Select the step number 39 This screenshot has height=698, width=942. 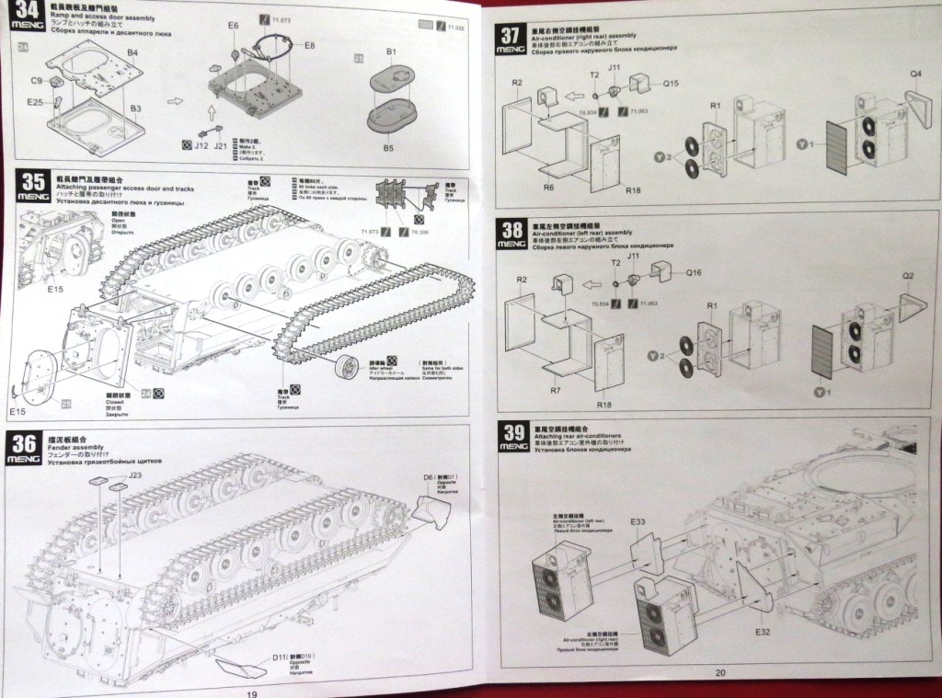point(513,433)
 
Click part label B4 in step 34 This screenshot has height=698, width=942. point(132,53)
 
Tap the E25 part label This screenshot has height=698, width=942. point(35,102)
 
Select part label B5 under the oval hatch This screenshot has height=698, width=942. point(389,147)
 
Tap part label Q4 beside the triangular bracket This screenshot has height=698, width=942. point(915,74)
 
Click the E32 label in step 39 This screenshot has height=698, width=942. point(762,633)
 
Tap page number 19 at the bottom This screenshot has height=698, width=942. point(251,692)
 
